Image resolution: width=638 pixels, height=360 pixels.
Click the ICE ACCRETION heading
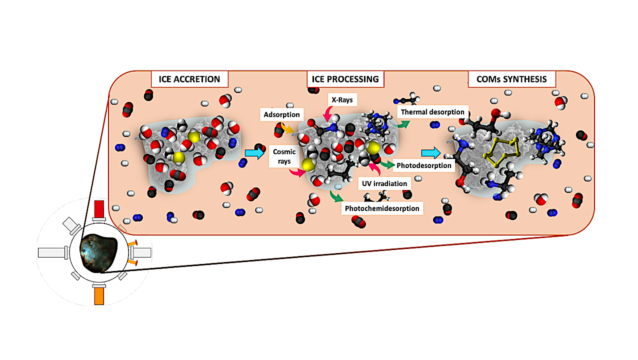189,79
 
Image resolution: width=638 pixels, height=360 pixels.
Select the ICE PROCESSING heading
345,79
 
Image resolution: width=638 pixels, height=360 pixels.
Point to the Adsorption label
281,114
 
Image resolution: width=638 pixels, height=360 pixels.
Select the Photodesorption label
424,165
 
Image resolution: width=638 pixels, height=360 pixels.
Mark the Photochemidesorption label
382,208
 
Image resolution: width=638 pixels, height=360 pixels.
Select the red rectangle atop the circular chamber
98,208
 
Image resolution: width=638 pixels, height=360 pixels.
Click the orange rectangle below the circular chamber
98,294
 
